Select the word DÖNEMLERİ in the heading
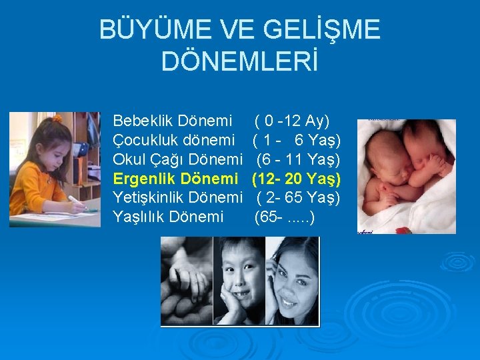[240, 62]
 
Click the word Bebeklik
[143, 121]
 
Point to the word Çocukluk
[144, 141]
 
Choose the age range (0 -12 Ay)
[292, 121]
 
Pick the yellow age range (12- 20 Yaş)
[297, 179]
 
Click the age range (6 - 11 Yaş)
[298, 160]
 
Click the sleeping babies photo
[397, 177]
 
